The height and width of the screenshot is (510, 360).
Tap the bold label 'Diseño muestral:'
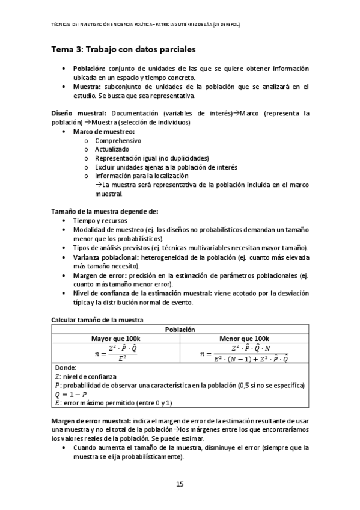point(79,113)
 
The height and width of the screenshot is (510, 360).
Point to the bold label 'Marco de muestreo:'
point(104,131)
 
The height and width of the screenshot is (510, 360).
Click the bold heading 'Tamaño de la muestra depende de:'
point(105,212)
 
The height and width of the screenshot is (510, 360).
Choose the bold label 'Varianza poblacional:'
point(106,257)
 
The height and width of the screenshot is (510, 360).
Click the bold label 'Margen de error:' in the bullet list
point(99,275)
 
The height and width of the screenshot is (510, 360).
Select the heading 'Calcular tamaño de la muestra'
point(97,320)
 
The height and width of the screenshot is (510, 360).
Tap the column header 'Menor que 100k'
point(244,339)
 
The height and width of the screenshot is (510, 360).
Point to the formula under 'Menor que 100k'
point(243,353)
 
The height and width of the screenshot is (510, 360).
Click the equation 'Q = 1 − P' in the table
point(71,394)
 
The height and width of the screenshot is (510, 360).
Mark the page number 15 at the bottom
point(180,484)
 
